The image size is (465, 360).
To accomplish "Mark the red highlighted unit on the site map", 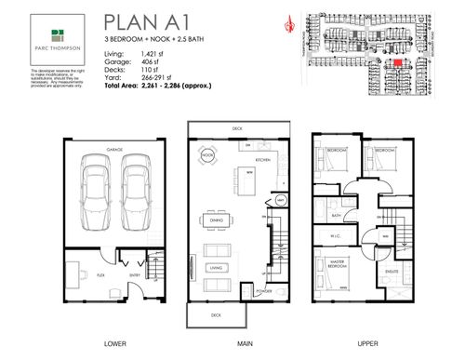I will [397, 62].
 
